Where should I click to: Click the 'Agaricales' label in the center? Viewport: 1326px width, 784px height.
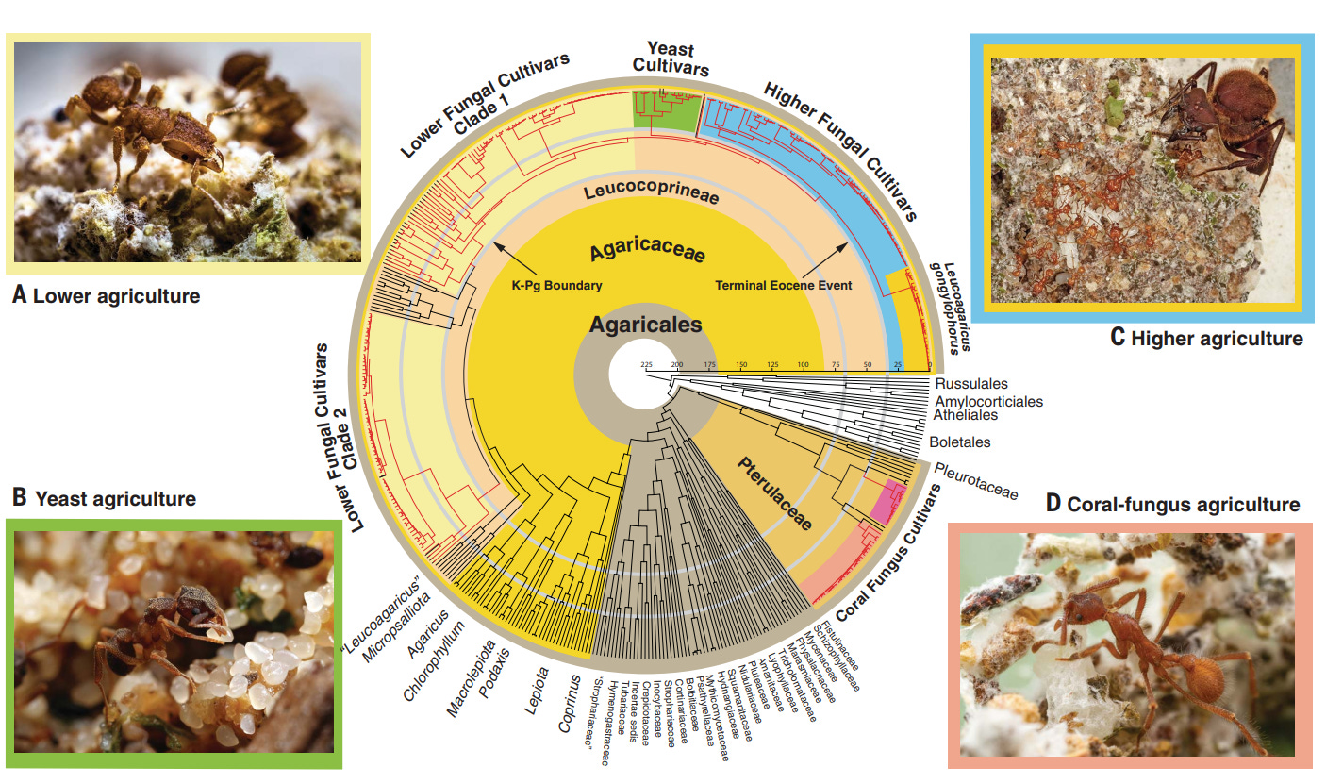[646, 325]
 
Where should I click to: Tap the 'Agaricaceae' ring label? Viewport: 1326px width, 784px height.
[648, 254]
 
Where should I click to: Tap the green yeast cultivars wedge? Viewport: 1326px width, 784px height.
[667, 111]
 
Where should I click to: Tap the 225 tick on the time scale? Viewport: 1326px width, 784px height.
[647, 364]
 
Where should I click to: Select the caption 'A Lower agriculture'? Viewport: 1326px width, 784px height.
[107, 296]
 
